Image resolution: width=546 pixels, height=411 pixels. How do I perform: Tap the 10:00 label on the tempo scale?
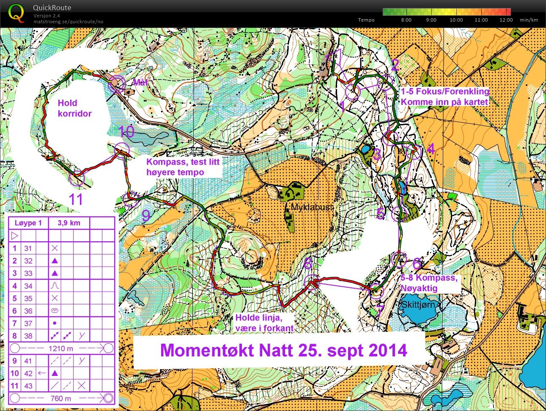tap(456, 20)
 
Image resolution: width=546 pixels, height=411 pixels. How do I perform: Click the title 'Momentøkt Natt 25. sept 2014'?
tap(283, 350)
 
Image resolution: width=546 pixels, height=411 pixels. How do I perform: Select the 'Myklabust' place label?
tap(312, 207)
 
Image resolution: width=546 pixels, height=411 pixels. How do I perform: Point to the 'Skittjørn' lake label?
tap(418, 305)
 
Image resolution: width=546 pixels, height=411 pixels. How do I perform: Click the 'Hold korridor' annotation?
tap(74, 108)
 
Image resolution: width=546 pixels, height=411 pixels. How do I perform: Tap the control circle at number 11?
tap(77, 179)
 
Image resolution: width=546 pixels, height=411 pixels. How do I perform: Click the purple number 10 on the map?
tap(126, 132)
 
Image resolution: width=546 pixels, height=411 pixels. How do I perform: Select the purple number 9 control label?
tap(146, 215)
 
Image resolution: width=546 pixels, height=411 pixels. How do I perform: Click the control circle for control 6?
tap(399, 259)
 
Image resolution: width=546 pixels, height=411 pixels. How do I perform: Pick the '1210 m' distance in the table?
tap(61, 348)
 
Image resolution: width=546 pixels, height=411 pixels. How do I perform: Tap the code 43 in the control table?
tap(28, 386)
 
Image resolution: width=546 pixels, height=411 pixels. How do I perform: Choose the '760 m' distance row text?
tap(61, 398)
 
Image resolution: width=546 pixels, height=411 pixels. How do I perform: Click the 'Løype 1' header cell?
tap(28, 223)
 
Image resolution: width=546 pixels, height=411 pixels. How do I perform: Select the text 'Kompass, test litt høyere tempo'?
tap(183, 167)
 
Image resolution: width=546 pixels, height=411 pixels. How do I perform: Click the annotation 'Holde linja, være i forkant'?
tap(264, 323)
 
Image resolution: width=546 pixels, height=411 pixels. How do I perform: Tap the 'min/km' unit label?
tap(529, 20)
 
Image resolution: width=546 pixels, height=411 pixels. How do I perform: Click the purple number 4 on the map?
tap(431, 149)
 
